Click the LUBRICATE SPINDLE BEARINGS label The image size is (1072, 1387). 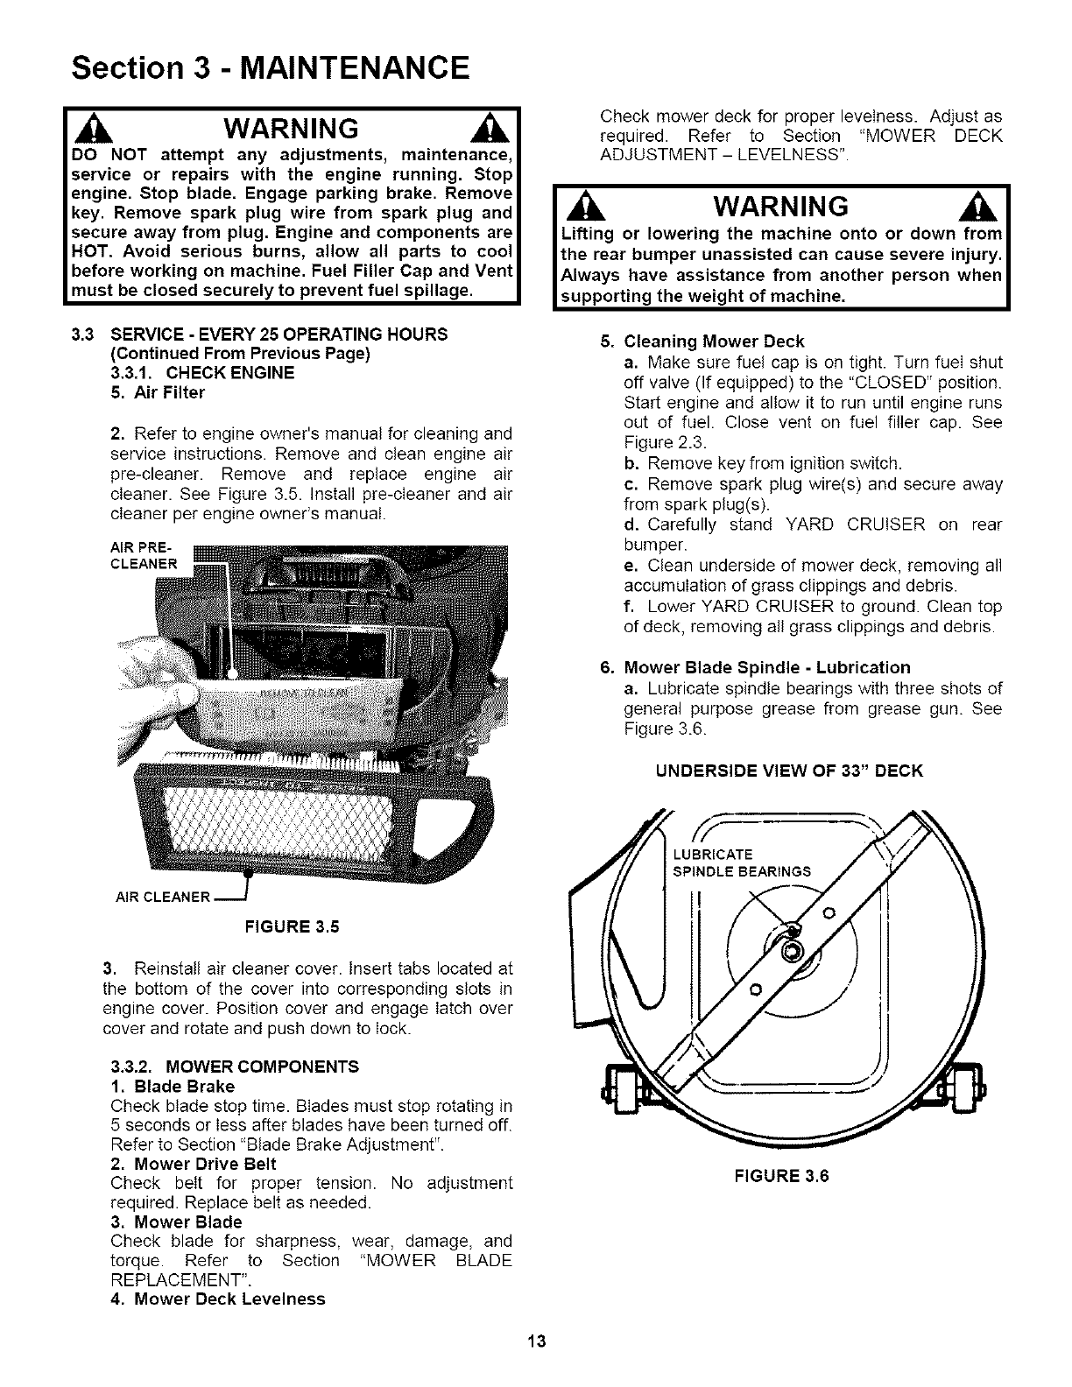click(x=741, y=862)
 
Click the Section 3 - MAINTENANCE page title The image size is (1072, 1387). click(x=271, y=67)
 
